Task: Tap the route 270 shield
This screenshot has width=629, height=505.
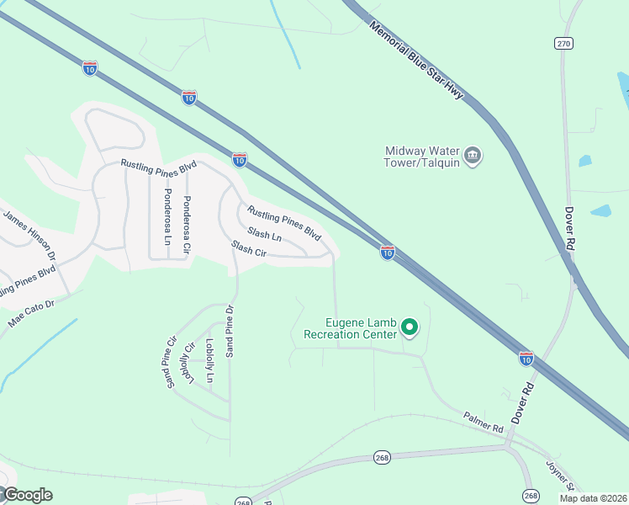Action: (x=563, y=43)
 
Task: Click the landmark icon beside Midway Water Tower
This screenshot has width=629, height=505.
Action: (x=473, y=156)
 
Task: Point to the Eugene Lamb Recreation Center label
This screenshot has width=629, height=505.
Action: (x=361, y=328)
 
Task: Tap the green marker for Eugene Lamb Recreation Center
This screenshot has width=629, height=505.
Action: (x=410, y=327)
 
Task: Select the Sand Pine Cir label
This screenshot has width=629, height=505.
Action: (x=171, y=364)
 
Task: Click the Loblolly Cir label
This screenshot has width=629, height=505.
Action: (x=189, y=363)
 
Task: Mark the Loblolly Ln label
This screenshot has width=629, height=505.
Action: (x=209, y=361)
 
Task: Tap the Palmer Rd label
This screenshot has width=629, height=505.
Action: (x=483, y=422)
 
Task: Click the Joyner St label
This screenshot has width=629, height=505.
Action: (x=558, y=475)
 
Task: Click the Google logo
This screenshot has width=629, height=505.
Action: (x=27, y=495)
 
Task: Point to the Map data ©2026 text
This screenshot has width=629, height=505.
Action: (x=593, y=498)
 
